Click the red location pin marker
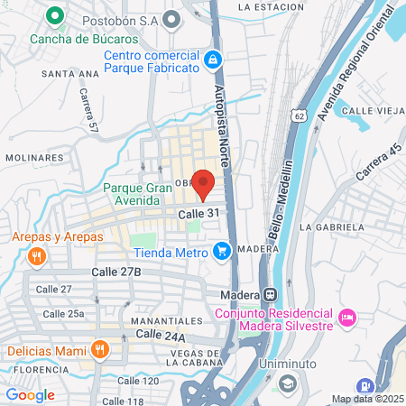point(205,182)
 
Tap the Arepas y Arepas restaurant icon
point(37,256)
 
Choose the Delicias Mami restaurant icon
point(100,349)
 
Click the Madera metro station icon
point(269,295)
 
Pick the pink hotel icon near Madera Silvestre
point(347,316)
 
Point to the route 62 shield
point(300,116)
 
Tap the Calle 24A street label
point(160,335)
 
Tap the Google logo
point(30,394)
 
